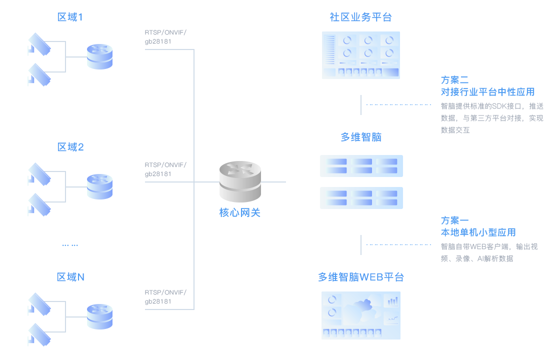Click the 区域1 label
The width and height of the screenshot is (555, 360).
pos(70,17)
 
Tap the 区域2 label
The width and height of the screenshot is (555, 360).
pos(70,147)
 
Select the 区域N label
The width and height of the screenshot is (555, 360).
pos(70,277)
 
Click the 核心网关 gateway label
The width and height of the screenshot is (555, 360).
pos(240,212)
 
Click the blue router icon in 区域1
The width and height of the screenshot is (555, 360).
pos(99,56)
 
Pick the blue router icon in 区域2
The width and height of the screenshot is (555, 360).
pos(99,186)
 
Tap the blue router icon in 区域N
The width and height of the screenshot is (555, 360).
pos(99,316)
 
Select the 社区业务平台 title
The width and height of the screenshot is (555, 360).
pos(360,17)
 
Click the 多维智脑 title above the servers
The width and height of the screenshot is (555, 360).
pos(360,137)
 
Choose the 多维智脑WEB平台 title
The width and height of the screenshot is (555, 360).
pos(360,277)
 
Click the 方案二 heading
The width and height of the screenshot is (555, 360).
pos(455,80)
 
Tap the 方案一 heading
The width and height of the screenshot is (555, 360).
pos(455,220)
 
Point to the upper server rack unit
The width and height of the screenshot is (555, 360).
pos(361,165)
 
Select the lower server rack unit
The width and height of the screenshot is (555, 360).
pos(361,197)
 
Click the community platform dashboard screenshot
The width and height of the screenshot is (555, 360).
pos(361,55)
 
